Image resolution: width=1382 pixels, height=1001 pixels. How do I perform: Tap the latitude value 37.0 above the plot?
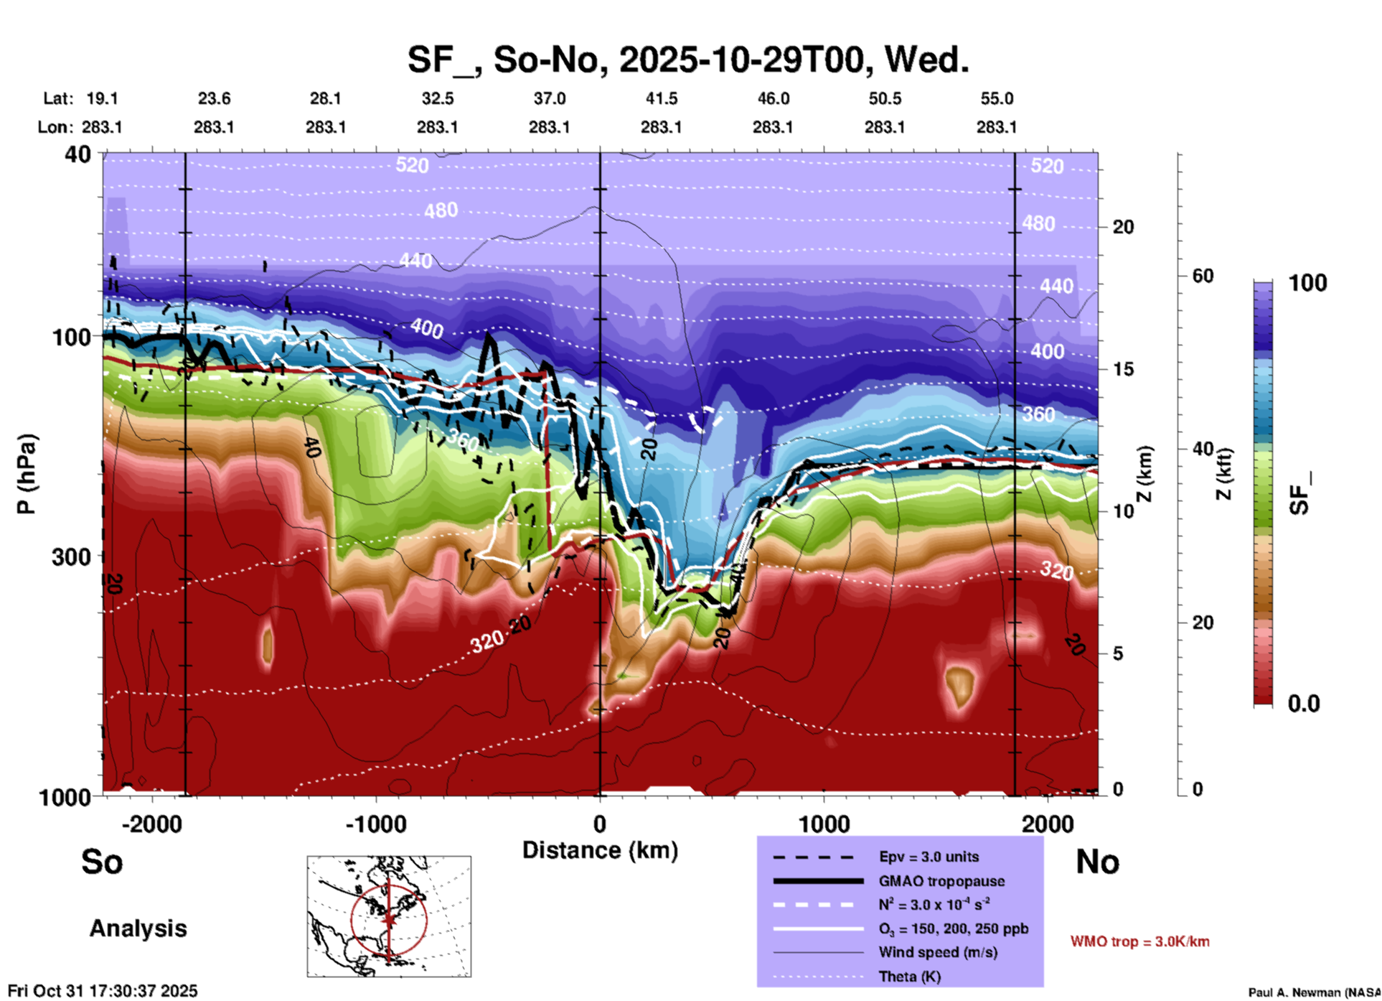pos(549,98)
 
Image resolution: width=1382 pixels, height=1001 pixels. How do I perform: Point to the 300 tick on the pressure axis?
pos(71,557)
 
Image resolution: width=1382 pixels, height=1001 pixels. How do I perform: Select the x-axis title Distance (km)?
pos(600,850)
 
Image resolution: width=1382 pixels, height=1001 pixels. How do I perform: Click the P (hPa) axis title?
pos(27,474)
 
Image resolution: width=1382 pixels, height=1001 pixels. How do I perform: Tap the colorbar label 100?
pos(1307,283)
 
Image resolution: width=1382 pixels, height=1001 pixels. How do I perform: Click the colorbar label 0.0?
pos(1304,703)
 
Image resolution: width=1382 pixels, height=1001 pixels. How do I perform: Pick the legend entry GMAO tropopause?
pos(941,881)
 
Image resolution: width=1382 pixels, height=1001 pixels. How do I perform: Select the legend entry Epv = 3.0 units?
pos(929,857)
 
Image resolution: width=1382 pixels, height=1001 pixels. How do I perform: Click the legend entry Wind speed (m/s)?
pos(938,952)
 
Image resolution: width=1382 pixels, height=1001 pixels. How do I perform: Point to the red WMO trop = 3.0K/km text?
pos(1139,941)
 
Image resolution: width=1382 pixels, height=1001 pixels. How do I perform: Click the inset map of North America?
pos(389,916)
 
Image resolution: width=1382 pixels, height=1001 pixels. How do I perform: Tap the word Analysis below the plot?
pos(138,928)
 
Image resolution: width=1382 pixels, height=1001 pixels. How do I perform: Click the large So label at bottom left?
pos(102,862)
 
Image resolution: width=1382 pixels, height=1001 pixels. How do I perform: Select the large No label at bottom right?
pos(1097,862)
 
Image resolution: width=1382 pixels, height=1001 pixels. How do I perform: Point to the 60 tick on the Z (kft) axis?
pos(1203,276)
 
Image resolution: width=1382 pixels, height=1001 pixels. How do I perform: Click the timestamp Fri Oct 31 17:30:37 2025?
pos(103,991)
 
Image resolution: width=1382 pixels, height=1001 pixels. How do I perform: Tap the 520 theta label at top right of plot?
pos(1046,167)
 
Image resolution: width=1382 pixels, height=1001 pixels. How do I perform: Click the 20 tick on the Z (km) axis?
pos(1123,227)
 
